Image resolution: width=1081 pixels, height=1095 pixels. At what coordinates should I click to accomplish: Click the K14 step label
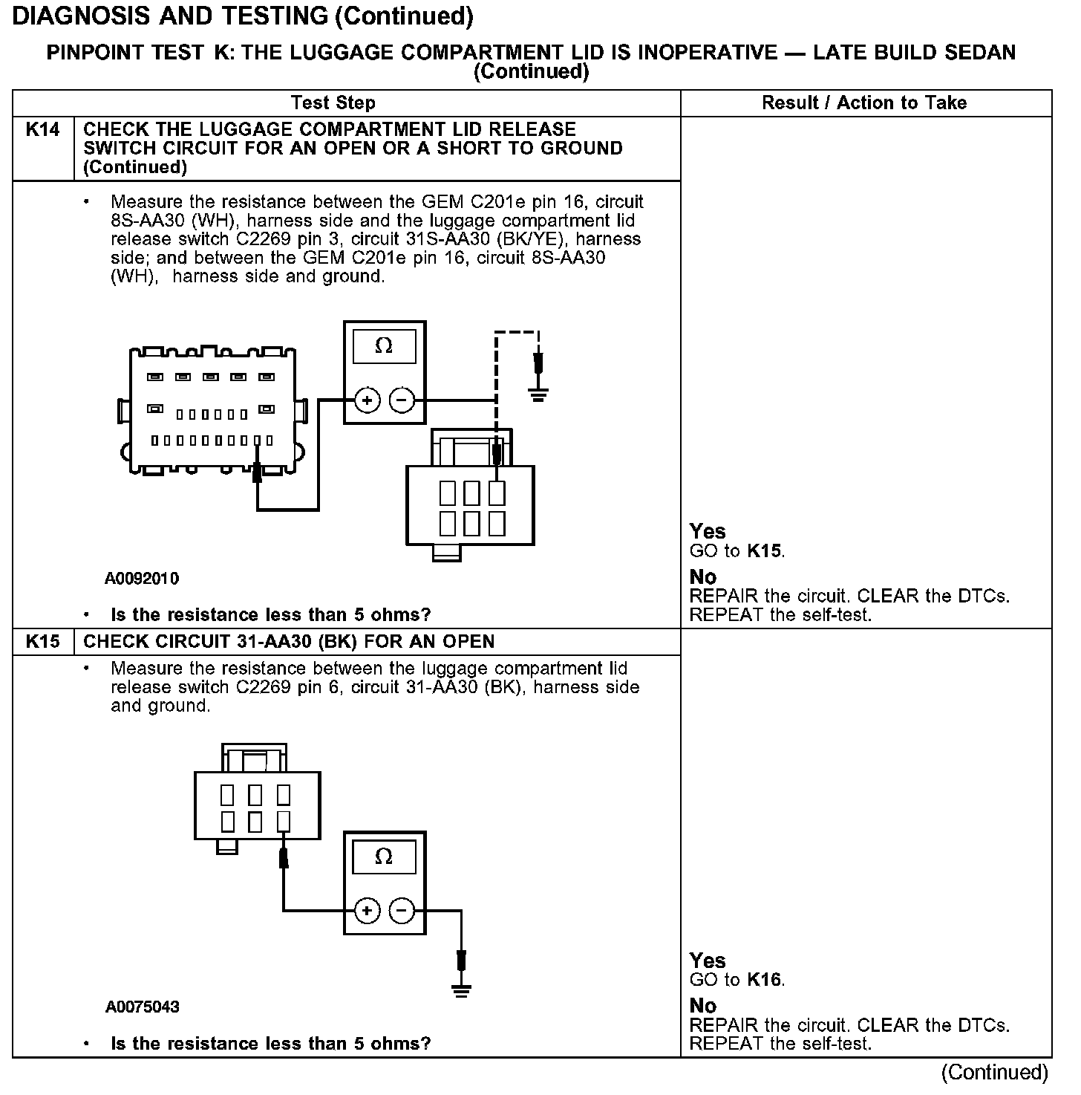pos(42,129)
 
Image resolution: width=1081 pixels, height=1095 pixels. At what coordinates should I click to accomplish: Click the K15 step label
pos(42,641)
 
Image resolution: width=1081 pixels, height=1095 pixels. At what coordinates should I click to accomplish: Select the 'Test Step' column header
pos(333,103)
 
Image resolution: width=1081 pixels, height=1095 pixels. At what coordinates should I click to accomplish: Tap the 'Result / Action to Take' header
pos(864,103)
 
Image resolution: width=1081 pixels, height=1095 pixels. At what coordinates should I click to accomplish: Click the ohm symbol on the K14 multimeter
pos(384,345)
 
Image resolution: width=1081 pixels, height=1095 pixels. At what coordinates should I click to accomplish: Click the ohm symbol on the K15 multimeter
pos(384,857)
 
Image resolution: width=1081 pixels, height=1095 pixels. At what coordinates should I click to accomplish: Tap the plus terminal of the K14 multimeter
pos(367,400)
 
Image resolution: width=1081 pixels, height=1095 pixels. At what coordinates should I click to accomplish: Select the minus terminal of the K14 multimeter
pos(402,400)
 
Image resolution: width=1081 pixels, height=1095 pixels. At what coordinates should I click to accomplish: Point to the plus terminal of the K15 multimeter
pos(367,911)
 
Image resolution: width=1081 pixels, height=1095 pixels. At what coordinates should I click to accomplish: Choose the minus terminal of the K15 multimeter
pos(402,911)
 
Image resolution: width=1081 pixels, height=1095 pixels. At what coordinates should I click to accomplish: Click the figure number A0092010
pos(142,578)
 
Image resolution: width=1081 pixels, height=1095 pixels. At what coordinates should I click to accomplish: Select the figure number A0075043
pos(142,1007)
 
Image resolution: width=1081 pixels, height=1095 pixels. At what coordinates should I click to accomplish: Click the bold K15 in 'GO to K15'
pos(765,551)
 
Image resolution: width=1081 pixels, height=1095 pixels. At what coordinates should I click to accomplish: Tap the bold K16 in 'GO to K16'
pos(765,980)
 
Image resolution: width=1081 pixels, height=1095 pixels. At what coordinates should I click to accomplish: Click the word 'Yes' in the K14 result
pos(708,531)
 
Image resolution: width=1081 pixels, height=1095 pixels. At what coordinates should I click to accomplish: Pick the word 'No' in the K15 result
pos(703,1005)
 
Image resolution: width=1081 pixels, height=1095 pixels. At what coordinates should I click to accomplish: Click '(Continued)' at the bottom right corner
pos(995,1072)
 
